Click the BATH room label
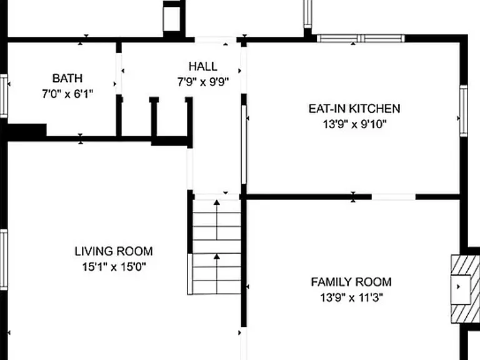coord(67,78)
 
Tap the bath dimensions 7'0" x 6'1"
coord(67,94)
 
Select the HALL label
coord(203,66)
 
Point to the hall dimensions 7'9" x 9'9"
coord(203,82)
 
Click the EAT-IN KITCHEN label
coord(354,109)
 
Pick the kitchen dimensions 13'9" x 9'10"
coord(354,124)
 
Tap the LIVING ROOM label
coord(114,251)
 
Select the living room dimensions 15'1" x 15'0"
coord(114,267)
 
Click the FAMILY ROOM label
coord(351,282)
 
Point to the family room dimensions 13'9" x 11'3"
coord(351,297)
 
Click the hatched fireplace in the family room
coord(465,289)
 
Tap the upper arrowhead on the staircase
coord(217,202)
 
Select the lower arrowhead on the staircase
coord(217,256)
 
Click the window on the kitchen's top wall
coord(361,39)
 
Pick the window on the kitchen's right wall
coord(464,111)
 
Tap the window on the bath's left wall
coord(3,96)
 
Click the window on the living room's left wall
coord(3,259)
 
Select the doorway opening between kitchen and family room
coord(393,197)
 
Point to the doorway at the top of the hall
coord(216,39)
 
